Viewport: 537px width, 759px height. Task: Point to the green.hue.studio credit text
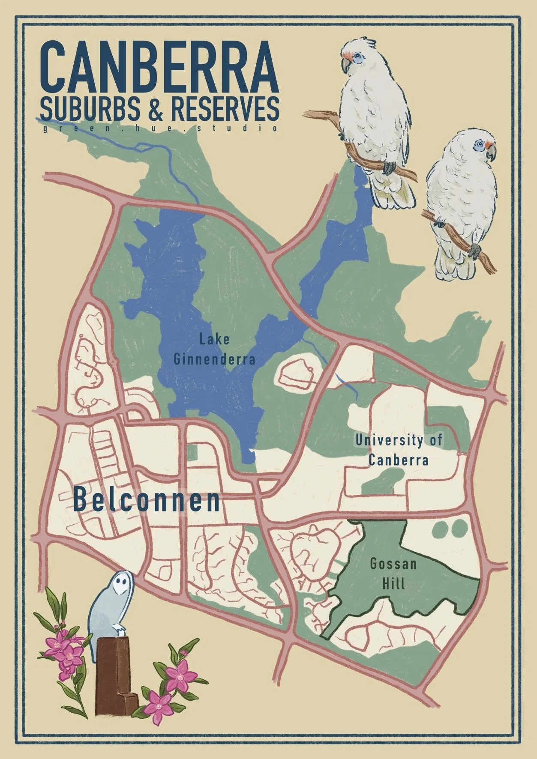tap(159, 128)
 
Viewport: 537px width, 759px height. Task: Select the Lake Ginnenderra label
tap(214, 350)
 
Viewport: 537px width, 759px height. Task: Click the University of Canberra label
tap(399, 450)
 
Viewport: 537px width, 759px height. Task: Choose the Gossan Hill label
tap(393, 574)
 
